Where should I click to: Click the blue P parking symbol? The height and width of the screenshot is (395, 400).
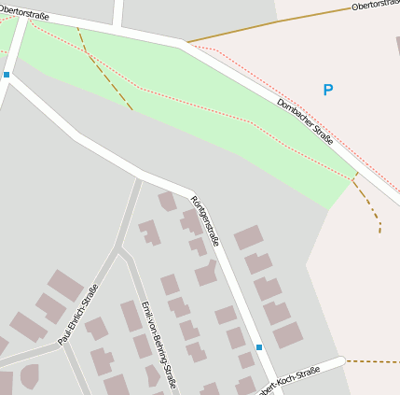[x=327, y=91]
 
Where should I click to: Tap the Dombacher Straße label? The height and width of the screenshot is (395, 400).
[x=305, y=121]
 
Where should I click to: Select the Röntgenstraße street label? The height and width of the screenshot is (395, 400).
[x=205, y=221]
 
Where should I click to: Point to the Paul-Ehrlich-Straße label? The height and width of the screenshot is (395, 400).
[x=78, y=315]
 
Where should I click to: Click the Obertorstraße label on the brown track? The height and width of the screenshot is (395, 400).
[x=375, y=6]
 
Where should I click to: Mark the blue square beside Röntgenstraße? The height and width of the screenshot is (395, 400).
[x=259, y=347]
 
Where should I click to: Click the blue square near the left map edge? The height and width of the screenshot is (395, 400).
[x=7, y=74]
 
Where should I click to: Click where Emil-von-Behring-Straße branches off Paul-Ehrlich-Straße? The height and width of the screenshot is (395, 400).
[x=119, y=249]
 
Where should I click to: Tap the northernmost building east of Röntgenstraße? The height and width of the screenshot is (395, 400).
[x=248, y=237]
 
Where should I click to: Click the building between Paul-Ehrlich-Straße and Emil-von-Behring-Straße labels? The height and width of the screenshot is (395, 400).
[x=97, y=329]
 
